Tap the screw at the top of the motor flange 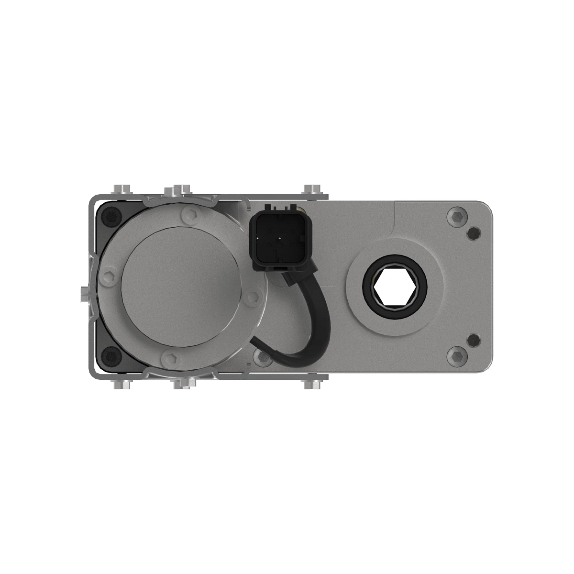tap(190, 216)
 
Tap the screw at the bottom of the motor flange tap(170, 358)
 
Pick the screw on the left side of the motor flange tap(110, 277)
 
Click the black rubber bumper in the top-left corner tap(110, 218)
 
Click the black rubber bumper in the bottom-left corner tap(110, 356)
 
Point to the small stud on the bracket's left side tap(83, 291)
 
